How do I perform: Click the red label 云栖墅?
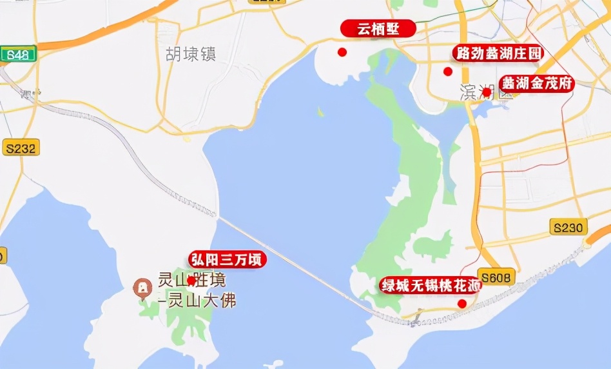point(378,29)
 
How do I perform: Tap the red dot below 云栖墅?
point(342,52)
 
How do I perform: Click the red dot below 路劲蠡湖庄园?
point(448,72)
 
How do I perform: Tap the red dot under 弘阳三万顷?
point(191,281)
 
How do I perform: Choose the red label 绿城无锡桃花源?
point(431,285)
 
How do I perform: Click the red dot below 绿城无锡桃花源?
point(461,303)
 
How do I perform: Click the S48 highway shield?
point(17,55)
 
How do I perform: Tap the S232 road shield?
point(21,148)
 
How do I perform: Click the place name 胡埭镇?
point(190,54)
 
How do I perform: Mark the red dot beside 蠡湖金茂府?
point(487,92)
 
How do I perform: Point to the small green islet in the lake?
point(320,112)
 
